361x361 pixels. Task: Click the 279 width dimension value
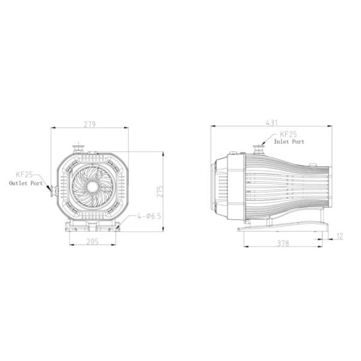89,125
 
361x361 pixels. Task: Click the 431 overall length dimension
271,123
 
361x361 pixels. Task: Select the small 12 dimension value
339,236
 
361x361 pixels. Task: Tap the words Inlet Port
289,143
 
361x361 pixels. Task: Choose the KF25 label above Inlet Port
288,135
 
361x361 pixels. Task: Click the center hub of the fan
92,187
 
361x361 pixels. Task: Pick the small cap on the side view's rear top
312,163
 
